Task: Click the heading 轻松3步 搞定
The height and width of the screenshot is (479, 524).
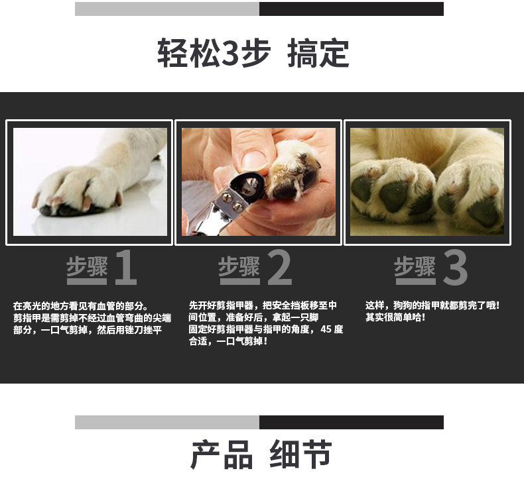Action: point(253,53)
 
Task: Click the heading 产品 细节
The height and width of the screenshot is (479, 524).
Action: point(261,454)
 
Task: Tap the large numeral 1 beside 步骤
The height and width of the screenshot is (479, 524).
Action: point(126,268)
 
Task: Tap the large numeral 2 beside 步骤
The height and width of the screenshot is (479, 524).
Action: point(280,268)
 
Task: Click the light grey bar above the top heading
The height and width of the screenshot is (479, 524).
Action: point(167,9)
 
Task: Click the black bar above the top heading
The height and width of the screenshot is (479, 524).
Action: point(352,9)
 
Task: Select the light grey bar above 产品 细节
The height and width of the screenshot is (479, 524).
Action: point(167,422)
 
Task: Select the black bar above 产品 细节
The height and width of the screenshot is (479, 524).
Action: point(352,422)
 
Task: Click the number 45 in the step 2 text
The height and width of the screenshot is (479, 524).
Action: point(326,329)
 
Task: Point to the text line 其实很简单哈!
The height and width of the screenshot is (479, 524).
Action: point(395,317)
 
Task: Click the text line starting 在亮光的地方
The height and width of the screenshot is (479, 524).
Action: point(80,306)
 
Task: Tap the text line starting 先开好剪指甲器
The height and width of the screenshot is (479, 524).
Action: point(263,305)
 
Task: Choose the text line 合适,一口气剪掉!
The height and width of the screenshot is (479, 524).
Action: point(228,341)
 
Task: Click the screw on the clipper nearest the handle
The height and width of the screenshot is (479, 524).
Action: point(237,206)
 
